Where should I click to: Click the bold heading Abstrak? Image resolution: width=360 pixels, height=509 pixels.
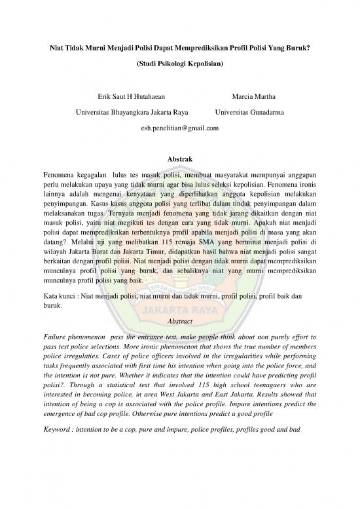click(x=180, y=159)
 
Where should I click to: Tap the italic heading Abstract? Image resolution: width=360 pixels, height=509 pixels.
click(x=180, y=322)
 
